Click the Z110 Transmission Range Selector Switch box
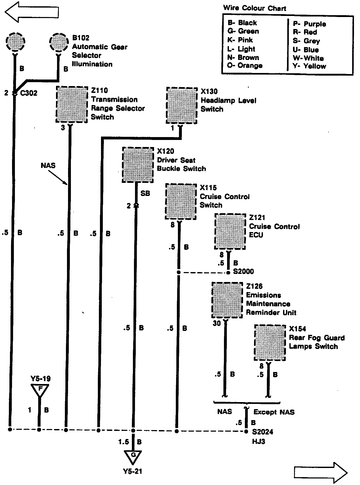[x=72, y=105]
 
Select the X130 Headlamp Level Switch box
[x=182, y=105]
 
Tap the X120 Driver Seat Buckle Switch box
[x=138, y=165]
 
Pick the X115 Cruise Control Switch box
[x=181, y=201]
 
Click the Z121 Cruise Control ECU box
[x=230, y=232]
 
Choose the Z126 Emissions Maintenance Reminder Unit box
[x=227, y=300]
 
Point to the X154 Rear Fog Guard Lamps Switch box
[x=270, y=343]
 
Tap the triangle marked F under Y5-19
[x=40, y=390]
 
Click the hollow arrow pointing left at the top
[x=31, y=12]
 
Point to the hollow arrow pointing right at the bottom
[x=321, y=472]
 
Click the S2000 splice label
[x=243, y=271]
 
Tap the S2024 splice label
[x=262, y=432]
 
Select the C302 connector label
[x=29, y=93]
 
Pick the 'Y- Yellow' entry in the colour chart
[x=310, y=66]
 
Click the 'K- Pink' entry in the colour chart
[x=240, y=40]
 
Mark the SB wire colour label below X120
[x=145, y=193]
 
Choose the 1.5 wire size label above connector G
[x=124, y=442]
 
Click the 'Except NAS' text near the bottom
[x=274, y=412]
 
